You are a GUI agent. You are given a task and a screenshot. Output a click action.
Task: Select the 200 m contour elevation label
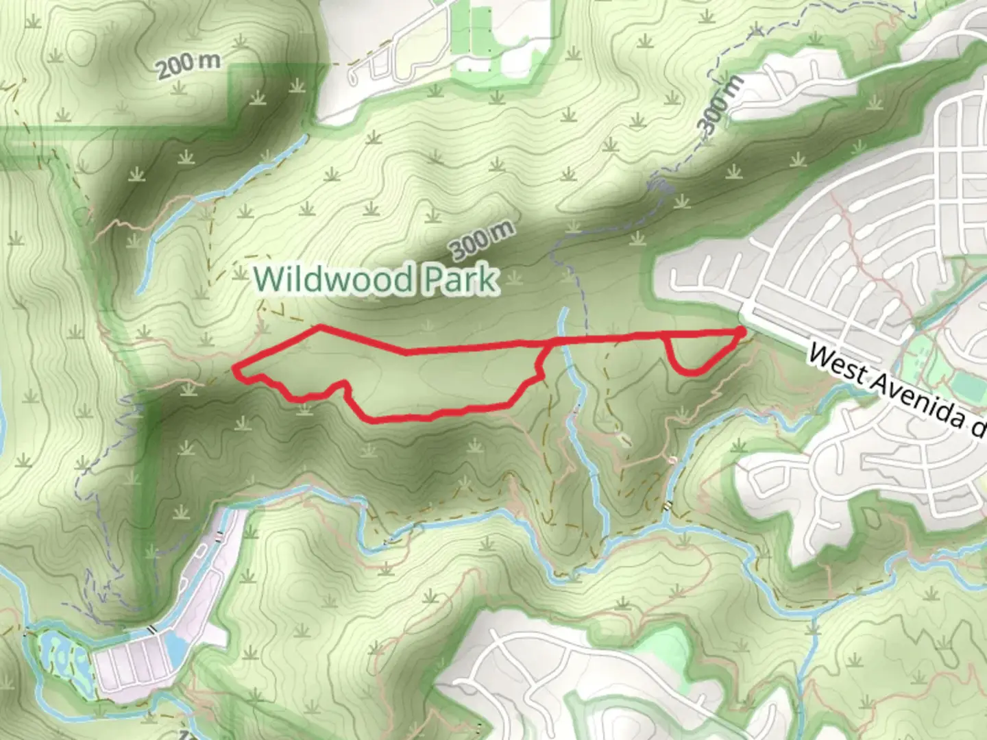click(188, 66)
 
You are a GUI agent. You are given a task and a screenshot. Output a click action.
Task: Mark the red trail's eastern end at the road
click(743, 332)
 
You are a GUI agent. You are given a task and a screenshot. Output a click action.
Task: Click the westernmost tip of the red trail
click(235, 370)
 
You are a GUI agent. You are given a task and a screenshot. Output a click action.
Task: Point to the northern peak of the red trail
click(319, 328)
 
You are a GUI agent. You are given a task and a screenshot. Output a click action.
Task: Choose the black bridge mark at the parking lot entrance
click(153, 629)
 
